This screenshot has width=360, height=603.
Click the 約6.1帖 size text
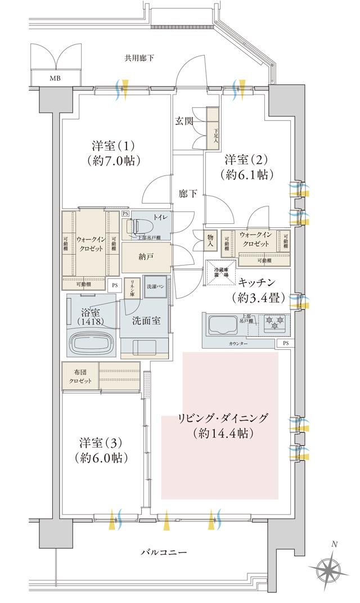point(247,175)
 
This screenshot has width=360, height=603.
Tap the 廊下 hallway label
point(187,194)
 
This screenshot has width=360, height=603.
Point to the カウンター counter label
point(238,342)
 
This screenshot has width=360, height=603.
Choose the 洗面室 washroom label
point(147,321)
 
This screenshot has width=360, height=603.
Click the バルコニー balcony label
point(163,553)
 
